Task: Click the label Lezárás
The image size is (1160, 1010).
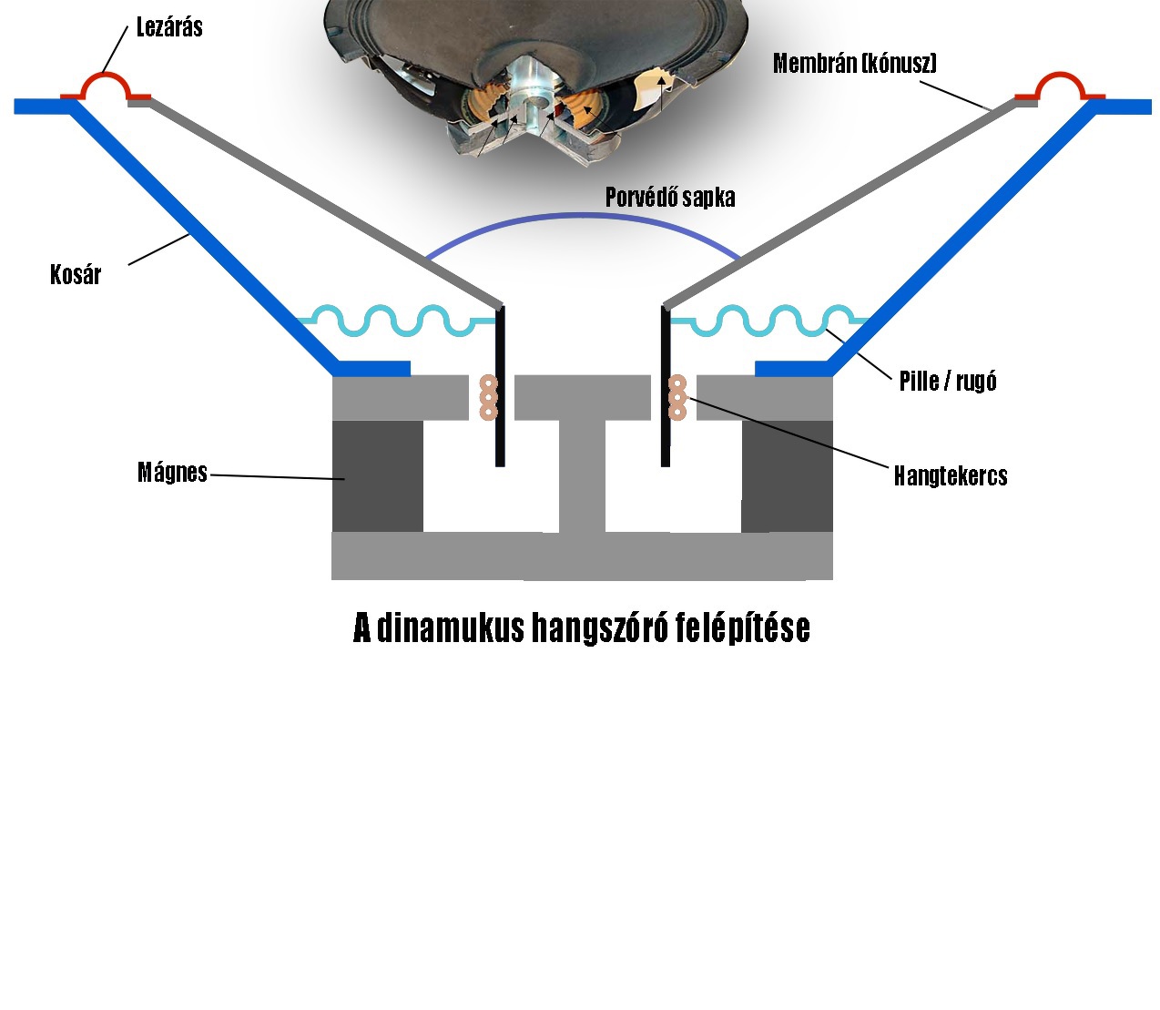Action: (169, 27)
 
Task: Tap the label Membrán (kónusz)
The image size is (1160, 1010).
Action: (854, 63)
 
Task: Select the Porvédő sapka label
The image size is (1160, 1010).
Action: (670, 198)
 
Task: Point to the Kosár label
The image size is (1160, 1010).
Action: (76, 274)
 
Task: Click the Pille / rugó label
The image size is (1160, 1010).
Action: (948, 381)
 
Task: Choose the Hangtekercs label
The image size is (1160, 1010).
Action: (951, 475)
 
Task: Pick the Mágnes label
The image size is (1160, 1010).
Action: (172, 472)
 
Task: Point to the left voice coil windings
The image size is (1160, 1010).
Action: (489, 398)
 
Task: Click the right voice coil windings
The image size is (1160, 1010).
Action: (677, 398)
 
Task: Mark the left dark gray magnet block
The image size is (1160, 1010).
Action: (377, 475)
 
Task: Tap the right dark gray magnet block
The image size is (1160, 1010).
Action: (787, 475)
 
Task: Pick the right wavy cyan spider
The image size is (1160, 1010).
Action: (774, 320)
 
